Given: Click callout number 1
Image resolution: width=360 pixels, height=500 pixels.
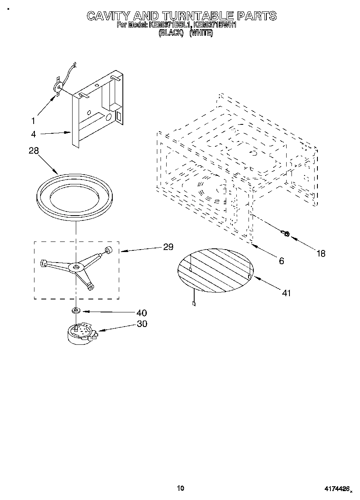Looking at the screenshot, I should coord(33,120).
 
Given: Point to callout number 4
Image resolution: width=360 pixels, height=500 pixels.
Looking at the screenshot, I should coord(33,134).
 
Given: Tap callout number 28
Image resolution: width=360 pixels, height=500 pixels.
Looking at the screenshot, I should coord(34,151).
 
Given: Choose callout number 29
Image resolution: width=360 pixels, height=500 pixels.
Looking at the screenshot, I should coord(168,247).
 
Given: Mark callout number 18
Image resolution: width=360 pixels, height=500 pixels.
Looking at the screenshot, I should coord(321,254).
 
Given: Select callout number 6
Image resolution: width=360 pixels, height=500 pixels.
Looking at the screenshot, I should coord(281,261).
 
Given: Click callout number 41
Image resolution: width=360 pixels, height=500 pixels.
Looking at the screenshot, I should coord(286,293).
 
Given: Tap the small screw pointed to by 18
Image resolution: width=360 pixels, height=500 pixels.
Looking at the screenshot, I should coord(285,233).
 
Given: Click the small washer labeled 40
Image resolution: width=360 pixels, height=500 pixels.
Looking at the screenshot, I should coord(76,311).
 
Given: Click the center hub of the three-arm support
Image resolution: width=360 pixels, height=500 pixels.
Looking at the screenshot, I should coord(76,267).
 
